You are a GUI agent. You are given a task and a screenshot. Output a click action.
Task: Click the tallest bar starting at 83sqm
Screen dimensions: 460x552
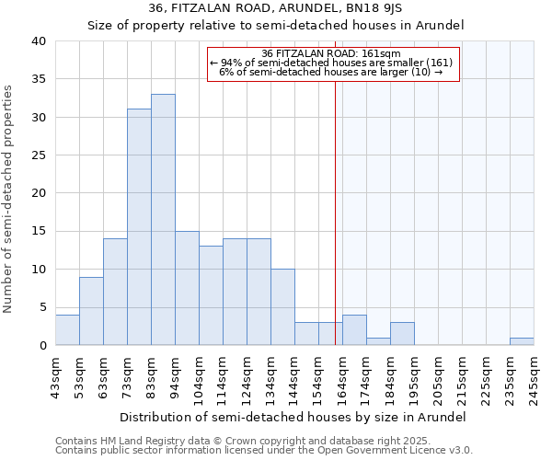pyautogui.click(x=163, y=220)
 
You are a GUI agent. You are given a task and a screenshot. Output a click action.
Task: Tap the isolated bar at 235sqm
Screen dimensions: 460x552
pyautogui.click(x=522, y=341)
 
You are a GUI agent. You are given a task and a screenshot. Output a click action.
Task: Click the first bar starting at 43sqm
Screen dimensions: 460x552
pyautogui.click(x=67, y=330)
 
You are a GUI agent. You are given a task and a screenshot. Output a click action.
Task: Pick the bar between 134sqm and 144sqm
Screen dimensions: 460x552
pyautogui.click(x=282, y=307)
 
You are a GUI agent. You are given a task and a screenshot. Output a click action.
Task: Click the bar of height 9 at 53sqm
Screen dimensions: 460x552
pyautogui.click(x=91, y=311)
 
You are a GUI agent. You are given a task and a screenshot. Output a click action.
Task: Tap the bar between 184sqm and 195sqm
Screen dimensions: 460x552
pyautogui.click(x=402, y=334)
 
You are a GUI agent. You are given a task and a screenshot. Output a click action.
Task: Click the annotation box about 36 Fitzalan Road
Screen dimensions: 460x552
pyautogui.click(x=332, y=64)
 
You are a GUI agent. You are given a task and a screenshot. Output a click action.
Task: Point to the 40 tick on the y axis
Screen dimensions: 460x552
pyautogui.click(x=38, y=41)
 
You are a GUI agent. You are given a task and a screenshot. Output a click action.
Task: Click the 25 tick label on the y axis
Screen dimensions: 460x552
pyautogui.click(x=38, y=155)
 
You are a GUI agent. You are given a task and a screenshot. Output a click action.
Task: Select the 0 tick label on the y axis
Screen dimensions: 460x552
pyautogui.click(x=41, y=346)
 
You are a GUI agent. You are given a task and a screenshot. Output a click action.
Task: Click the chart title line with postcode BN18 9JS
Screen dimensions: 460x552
pyautogui.click(x=275, y=8)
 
